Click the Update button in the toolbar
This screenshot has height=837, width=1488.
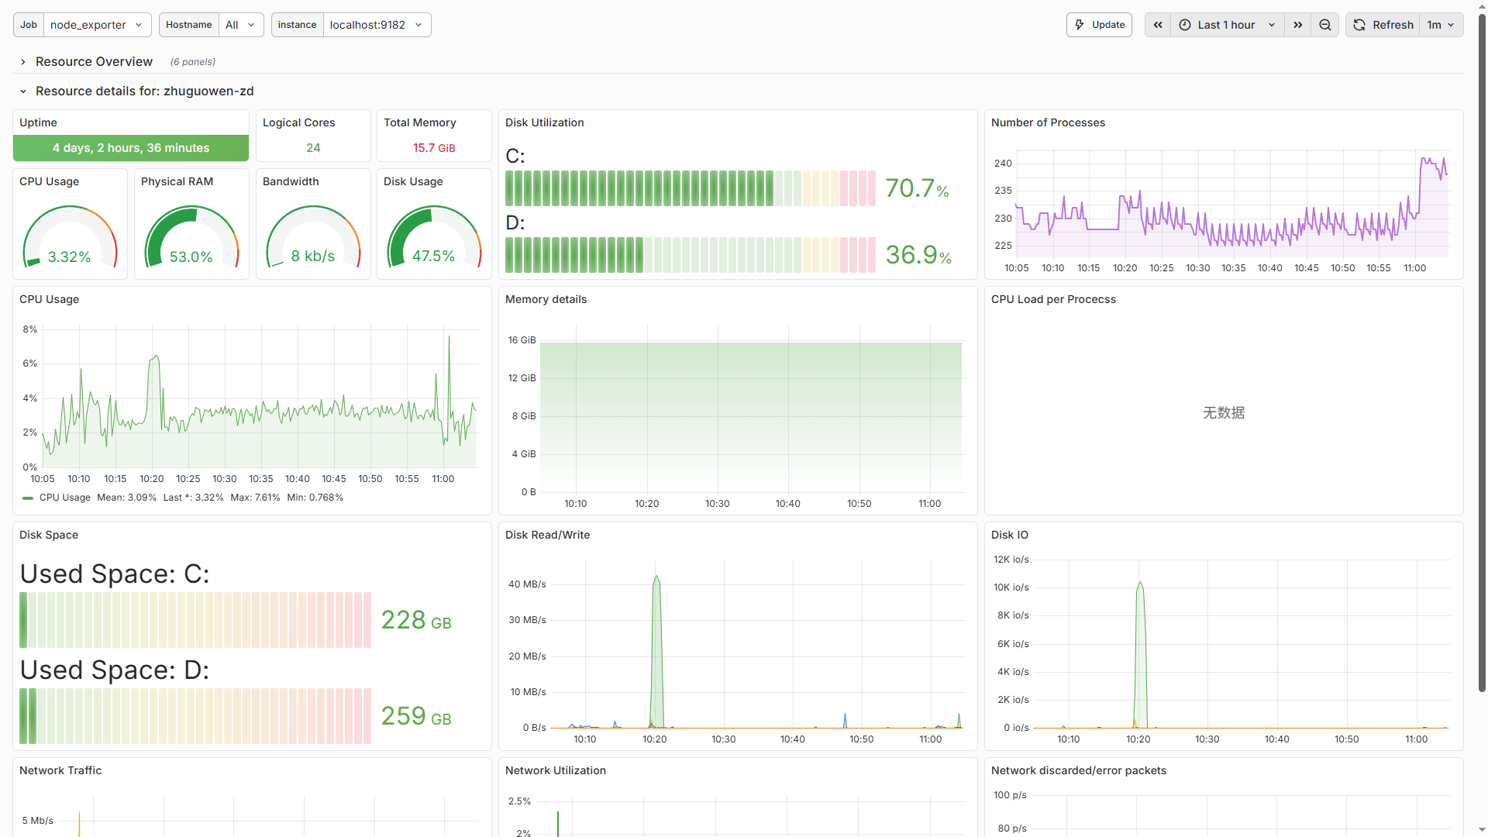[x=1099, y=25]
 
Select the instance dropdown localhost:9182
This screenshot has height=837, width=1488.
[x=376, y=25]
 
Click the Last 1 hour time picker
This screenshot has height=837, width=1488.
[x=1227, y=25]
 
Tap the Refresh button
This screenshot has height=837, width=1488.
[x=1384, y=25]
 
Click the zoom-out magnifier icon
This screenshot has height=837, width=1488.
[x=1325, y=25]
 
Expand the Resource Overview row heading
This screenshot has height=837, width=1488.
[x=94, y=61]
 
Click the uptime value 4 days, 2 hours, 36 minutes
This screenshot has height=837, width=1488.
[x=131, y=148]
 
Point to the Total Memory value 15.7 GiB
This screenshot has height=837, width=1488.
[x=434, y=148]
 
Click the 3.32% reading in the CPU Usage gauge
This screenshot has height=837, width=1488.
[x=70, y=257]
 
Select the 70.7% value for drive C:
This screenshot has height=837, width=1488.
[x=917, y=188]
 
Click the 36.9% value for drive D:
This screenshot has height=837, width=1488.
[x=918, y=255]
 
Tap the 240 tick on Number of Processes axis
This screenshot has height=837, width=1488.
[x=1003, y=164]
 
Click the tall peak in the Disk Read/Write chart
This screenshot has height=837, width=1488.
[x=656, y=578]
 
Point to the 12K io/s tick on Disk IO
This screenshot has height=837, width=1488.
[x=1011, y=560]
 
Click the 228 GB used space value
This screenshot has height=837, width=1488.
[x=416, y=620]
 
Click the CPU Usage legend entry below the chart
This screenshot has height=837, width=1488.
[x=64, y=498]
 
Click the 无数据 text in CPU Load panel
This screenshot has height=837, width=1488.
[x=1224, y=413]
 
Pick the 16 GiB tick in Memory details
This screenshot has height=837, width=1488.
[x=522, y=340]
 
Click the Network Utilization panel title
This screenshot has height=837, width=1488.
[x=555, y=770]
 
